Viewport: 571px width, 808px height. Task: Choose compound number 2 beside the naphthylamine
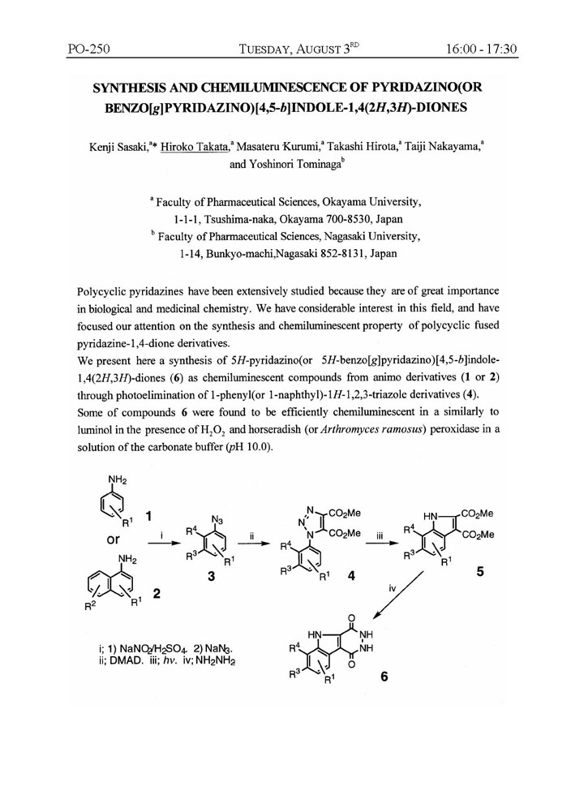point(156,593)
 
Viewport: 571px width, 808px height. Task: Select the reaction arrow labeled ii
point(253,546)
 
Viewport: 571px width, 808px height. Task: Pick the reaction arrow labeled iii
point(378,546)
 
